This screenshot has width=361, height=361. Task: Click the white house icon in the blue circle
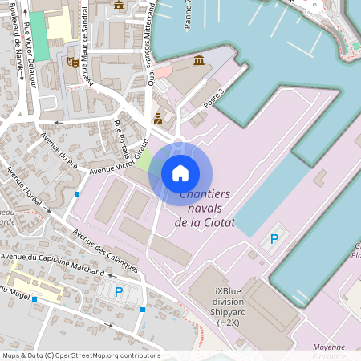(x=180, y=172)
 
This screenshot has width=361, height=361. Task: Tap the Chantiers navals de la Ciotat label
(x=205, y=209)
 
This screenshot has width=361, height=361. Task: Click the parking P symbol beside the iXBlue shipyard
(x=274, y=238)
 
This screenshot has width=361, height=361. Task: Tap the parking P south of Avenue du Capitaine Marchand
(x=119, y=292)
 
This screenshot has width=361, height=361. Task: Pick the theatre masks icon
(x=73, y=61)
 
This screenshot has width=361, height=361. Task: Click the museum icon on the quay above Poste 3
(x=198, y=61)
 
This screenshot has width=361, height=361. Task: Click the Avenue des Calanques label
(x=105, y=249)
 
